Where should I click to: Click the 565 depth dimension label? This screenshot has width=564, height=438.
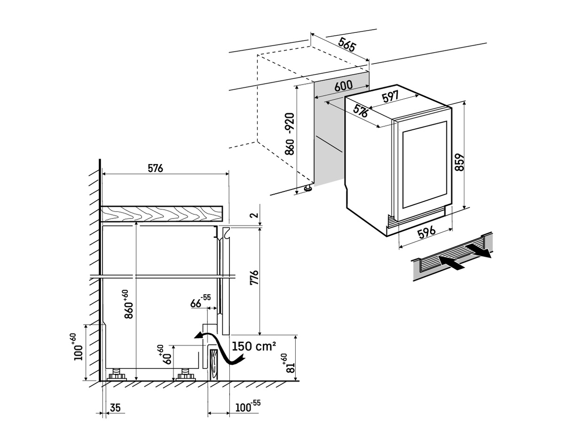(347, 46)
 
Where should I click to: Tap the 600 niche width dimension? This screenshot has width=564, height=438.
(344, 86)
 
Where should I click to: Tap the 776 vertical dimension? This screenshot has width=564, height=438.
(254, 281)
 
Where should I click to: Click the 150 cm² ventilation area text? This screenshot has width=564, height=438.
(254, 346)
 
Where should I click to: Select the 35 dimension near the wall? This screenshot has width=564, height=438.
(115, 407)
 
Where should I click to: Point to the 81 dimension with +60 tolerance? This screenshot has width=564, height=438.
(290, 363)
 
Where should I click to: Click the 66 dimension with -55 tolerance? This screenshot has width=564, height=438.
(200, 302)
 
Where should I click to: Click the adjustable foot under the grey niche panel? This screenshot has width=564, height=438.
(308, 188)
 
